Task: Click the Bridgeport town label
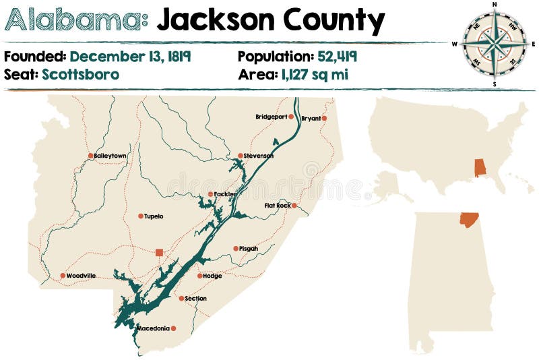tap(271, 117)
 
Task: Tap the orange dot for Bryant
tap(324, 118)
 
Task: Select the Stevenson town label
tap(259, 156)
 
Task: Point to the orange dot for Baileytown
tap(90, 156)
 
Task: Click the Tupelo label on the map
tap(154, 216)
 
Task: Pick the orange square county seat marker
tap(159, 252)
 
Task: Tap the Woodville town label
tap(81, 276)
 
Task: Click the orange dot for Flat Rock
tap(294, 206)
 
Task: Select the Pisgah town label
tap(249, 249)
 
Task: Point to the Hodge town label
tap(212, 276)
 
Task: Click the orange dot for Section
tap(181, 298)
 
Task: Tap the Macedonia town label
tap(152, 328)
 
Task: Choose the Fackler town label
tap(226, 194)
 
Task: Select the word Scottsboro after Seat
tap(80, 74)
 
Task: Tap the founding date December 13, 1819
tap(130, 56)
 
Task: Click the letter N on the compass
tap(495, 4)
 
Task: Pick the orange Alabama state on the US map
tap(480, 167)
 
